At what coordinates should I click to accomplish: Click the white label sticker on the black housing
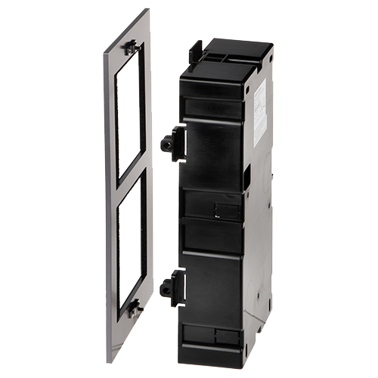(259, 113)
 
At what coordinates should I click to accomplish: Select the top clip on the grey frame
(132, 47)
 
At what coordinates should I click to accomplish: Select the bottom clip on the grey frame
(134, 307)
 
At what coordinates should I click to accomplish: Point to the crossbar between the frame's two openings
(129, 175)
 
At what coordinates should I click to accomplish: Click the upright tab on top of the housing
(195, 51)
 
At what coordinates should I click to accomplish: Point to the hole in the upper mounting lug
(165, 143)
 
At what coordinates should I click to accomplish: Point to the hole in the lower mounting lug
(165, 287)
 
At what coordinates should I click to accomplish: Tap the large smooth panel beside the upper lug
(215, 155)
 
